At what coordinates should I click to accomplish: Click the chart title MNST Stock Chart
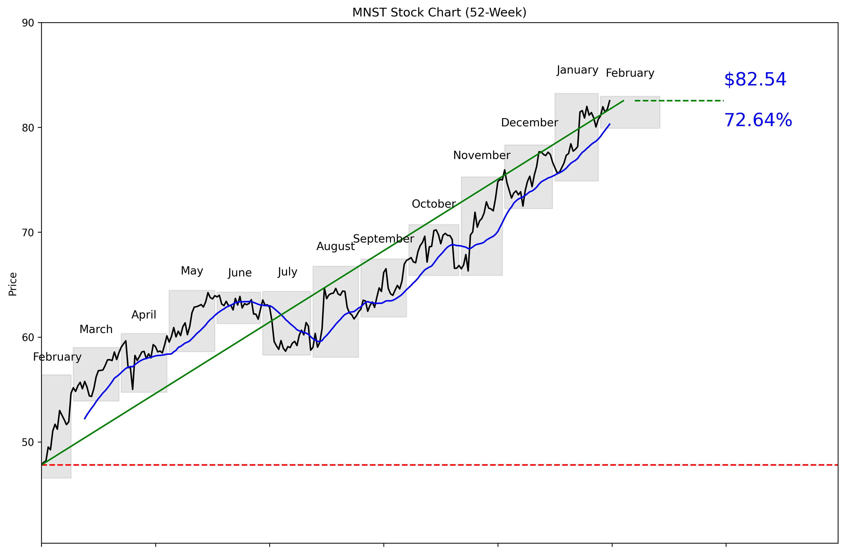pyautogui.click(x=439, y=12)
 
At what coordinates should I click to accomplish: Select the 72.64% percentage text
pyautogui.click(x=758, y=120)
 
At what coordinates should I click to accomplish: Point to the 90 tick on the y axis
pyautogui.click(x=28, y=23)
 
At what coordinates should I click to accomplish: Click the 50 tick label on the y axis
pyautogui.click(x=28, y=442)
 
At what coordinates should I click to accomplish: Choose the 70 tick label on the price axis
pyautogui.click(x=28, y=233)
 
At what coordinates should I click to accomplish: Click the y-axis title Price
pyautogui.click(x=13, y=284)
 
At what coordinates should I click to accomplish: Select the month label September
pyautogui.click(x=383, y=239)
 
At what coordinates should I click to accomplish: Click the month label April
pyautogui.click(x=144, y=315)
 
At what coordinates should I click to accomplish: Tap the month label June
pyautogui.click(x=240, y=273)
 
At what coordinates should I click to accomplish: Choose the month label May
pyautogui.click(x=192, y=271)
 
